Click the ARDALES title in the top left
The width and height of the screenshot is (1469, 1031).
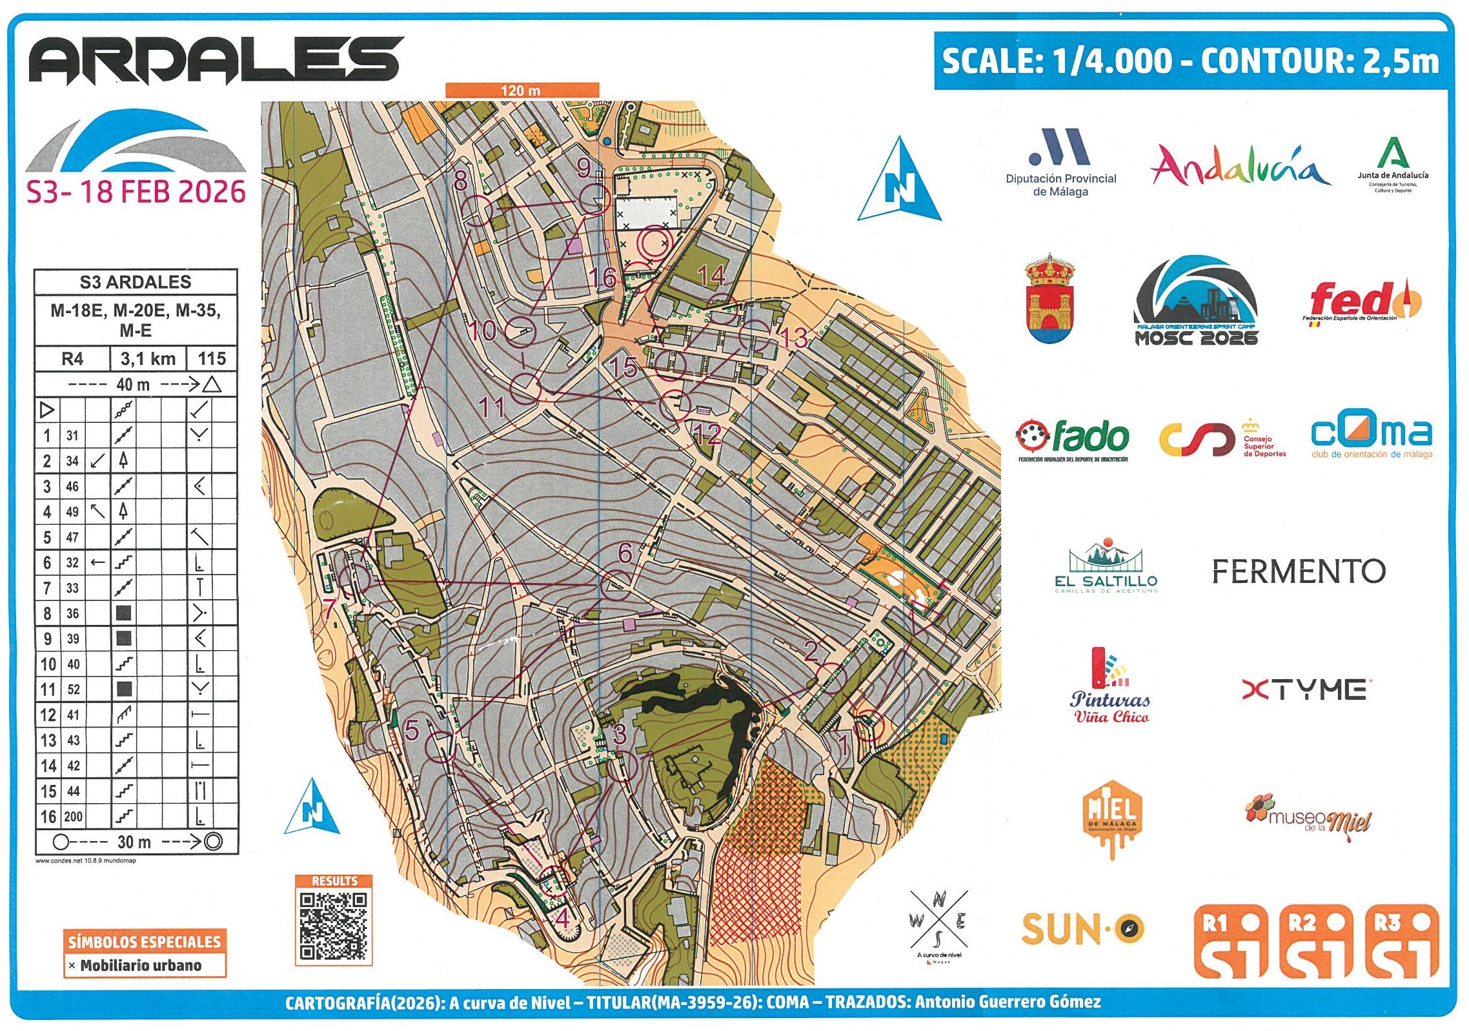216,60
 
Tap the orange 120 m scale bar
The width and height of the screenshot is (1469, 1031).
522,90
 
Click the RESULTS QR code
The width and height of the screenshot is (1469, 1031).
334,926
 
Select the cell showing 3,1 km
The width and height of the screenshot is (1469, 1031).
148,359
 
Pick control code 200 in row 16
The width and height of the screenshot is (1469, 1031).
73,817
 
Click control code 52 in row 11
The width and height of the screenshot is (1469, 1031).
73,689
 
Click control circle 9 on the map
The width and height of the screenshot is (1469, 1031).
594,199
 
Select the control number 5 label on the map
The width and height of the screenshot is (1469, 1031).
412,730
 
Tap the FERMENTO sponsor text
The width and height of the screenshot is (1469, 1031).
1299,571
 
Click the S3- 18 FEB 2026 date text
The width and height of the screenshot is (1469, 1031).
136,192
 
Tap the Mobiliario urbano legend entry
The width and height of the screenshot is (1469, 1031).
141,965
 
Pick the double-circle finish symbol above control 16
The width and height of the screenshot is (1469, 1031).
655,243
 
